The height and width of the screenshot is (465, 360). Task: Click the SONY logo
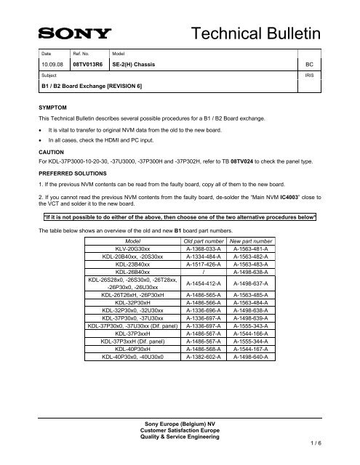click(x=74, y=33)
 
